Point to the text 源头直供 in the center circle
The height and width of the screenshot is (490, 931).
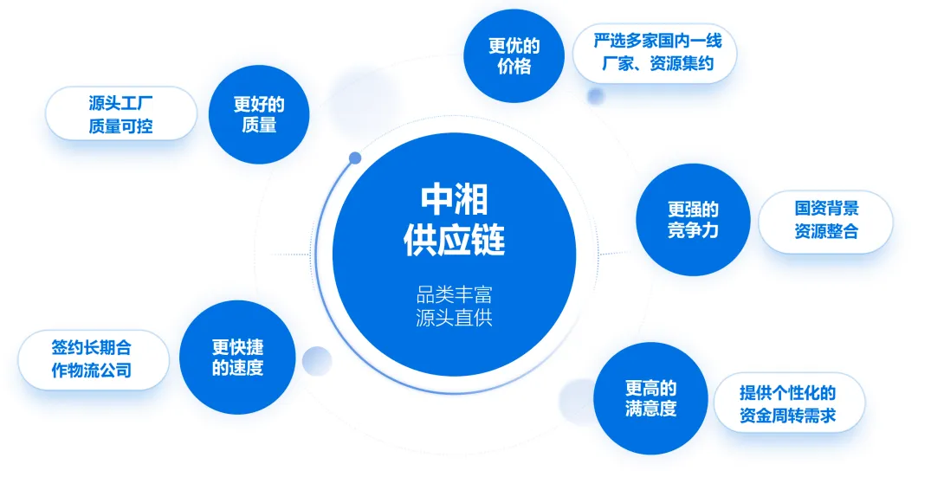(x=454, y=317)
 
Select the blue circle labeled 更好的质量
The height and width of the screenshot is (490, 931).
(x=259, y=114)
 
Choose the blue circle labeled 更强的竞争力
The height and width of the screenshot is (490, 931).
(x=693, y=220)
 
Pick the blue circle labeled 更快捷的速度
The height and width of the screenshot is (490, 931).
(x=236, y=358)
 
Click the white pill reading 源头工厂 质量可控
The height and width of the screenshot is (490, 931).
(x=121, y=113)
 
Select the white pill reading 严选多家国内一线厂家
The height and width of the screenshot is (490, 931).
(x=655, y=53)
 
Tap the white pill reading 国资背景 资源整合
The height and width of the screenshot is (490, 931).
(x=825, y=221)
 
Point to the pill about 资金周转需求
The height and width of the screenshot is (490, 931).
(x=787, y=403)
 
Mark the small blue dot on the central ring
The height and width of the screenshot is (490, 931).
(x=355, y=158)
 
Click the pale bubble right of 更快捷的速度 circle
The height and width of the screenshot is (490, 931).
(x=317, y=360)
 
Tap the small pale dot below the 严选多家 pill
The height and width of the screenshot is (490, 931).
(x=596, y=95)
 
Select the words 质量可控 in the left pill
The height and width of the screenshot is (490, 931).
(x=121, y=126)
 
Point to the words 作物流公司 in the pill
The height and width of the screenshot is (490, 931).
(x=92, y=371)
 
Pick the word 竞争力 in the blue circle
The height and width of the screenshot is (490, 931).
(x=693, y=231)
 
